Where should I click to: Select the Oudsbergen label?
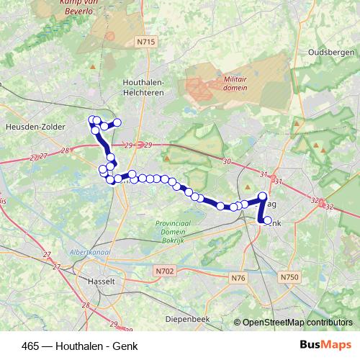pyautogui.click(x=330, y=53)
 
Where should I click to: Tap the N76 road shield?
pyautogui.click(x=239, y=278)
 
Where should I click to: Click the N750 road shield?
pyautogui.click(x=289, y=276)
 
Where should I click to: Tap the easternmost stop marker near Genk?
pyautogui.click(x=267, y=220)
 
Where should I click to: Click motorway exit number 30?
pyautogui.click(x=227, y=162)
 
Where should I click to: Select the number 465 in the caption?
pyautogui.click(x=31, y=346)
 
